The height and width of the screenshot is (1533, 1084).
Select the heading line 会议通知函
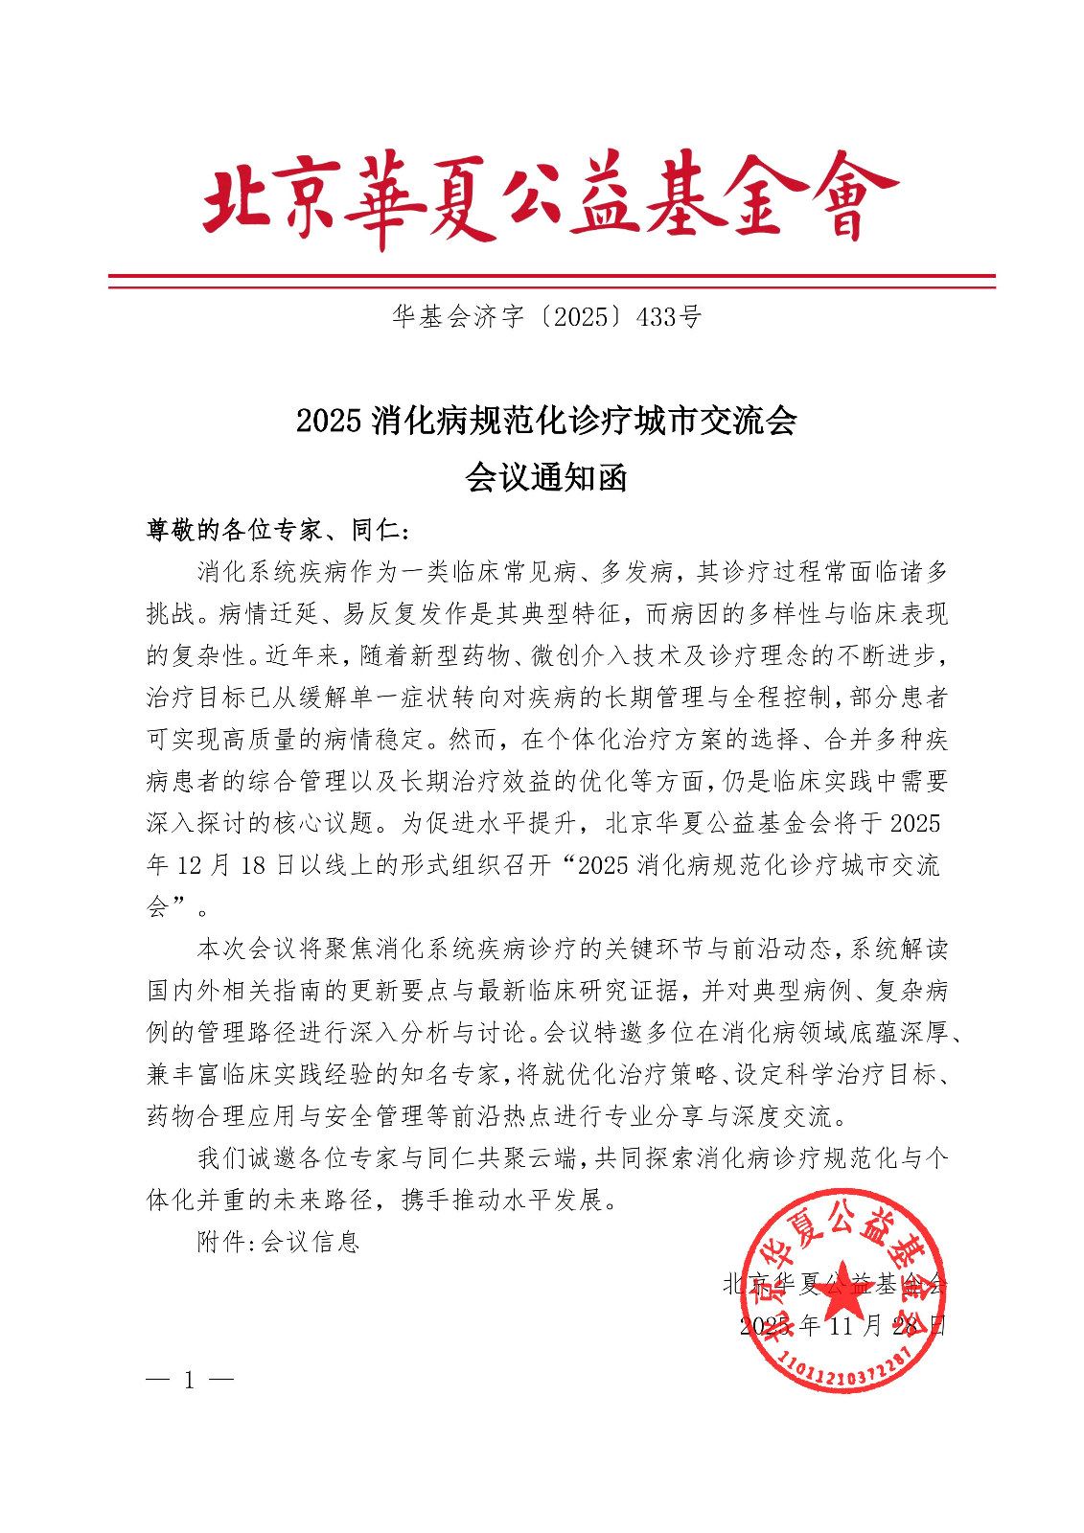coord(545,476)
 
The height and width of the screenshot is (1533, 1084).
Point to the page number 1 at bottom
coord(189,1380)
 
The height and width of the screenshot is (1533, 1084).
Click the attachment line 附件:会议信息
coord(278,1242)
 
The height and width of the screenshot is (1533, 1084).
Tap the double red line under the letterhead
coord(551,281)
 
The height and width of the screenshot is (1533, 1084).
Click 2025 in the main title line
coord(329,421)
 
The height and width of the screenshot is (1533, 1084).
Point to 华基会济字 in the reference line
coord(458,317)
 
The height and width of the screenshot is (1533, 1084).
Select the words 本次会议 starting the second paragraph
coord(248,949)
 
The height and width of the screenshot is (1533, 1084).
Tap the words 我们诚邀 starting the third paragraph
coord(248,1158)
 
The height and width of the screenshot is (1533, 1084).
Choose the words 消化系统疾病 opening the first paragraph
coord(273,572)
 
